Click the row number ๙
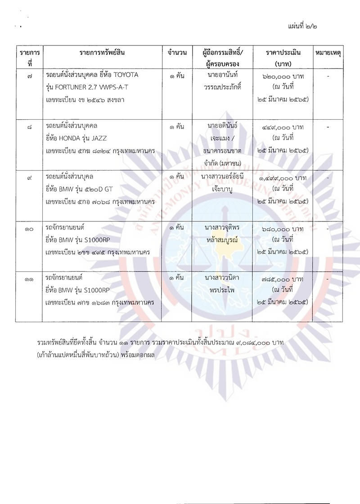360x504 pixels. coord(29,179)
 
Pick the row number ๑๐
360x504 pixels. coord(29,229)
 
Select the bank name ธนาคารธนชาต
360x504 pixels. coord(220,151)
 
